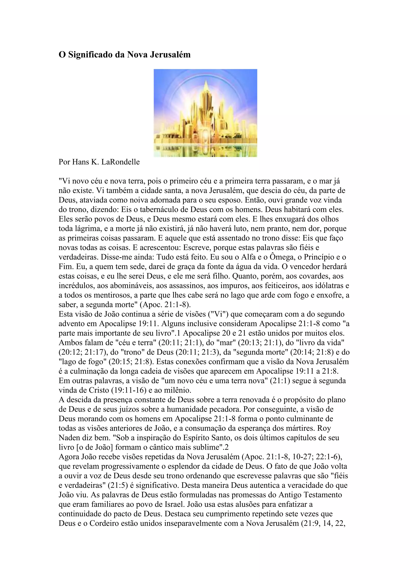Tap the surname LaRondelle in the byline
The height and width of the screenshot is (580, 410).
[x=121, y=162]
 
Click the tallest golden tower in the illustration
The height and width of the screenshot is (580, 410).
[x=206, y=101]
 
